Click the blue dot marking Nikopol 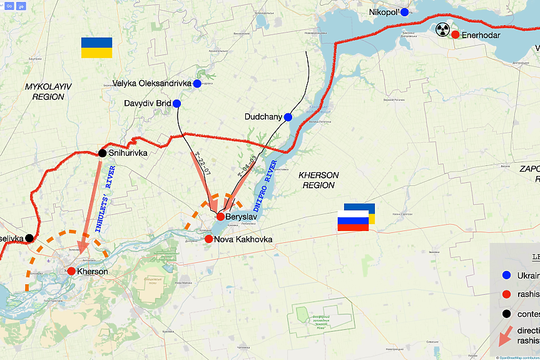tap(405, 12)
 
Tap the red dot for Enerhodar tap(455, 34)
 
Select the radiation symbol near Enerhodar tap(442, 29)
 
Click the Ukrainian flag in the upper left tap(96, 48)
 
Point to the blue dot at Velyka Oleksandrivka tap(197, 83)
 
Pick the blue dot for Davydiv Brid tap(176, 103)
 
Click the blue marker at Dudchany tap(288, 117)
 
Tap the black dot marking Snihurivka tap(102, 153)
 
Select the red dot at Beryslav tap(220, 216)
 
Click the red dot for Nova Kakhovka tap(208, 239)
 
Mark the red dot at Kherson tap(71, 271)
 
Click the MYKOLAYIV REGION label tap(44, 91)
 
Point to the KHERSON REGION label tap(319, 180)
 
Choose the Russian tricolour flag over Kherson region tap(354, 220)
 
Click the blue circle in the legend tap(506, 275)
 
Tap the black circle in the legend tap(506, 314)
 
